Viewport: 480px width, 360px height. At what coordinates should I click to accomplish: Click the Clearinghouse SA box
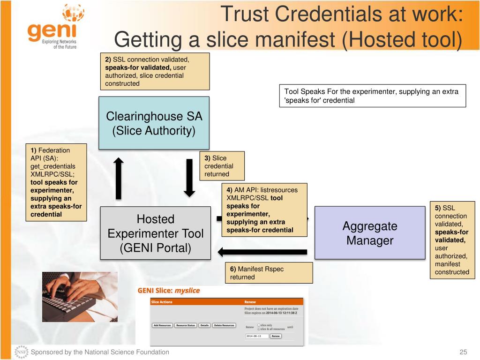(x=154, y=123)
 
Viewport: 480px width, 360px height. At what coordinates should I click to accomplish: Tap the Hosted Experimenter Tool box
(x=155, y=233)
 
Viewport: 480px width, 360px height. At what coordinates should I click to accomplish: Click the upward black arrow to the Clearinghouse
(x=119, y=178)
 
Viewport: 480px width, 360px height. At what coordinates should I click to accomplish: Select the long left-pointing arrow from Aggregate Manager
(x=262, y=252)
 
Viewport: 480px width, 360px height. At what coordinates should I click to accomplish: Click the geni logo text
(x=52, y=31)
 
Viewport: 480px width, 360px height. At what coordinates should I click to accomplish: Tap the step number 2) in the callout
(x=108, y=60)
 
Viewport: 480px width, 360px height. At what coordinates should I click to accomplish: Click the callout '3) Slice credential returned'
(x=222, y=166)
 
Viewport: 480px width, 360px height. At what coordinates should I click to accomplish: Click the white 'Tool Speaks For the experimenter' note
(x=372, y=96)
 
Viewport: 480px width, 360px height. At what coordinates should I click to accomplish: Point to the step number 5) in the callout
(x=438, y=208)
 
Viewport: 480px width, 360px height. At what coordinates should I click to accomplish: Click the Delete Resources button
(x=224, y=325)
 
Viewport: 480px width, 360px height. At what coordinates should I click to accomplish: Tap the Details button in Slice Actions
(x=204, y=325)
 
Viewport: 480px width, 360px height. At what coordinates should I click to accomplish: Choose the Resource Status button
(x=186, y=325)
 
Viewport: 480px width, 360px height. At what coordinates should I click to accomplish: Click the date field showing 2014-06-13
(x=257, y=336)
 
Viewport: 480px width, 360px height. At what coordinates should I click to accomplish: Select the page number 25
(x=463, y=352)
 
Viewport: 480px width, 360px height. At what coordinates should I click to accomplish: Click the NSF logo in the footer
(x=22, y=352)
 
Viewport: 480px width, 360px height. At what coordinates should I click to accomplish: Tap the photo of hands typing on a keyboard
(x=80, y=297)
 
